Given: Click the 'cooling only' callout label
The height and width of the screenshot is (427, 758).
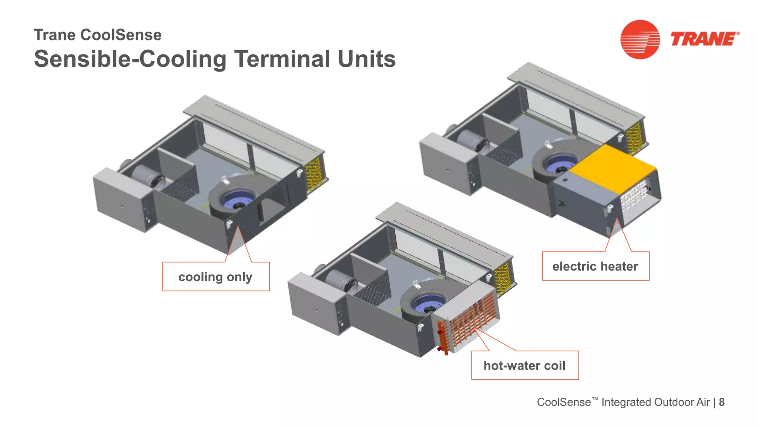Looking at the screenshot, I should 215,277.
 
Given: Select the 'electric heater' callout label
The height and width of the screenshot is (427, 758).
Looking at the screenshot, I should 595,267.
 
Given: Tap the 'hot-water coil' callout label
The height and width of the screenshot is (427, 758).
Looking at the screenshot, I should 524,365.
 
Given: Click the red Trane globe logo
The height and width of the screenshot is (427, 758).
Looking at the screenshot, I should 640,39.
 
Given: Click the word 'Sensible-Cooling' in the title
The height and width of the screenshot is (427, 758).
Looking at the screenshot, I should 130,59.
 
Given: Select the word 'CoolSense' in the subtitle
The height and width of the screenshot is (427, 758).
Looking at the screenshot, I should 121,35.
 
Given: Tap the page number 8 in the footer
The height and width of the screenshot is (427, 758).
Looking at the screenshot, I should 722,402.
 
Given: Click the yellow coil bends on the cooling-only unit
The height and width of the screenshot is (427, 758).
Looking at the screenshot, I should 314,173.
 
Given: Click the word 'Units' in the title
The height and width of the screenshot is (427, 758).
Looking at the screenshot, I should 366,59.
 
